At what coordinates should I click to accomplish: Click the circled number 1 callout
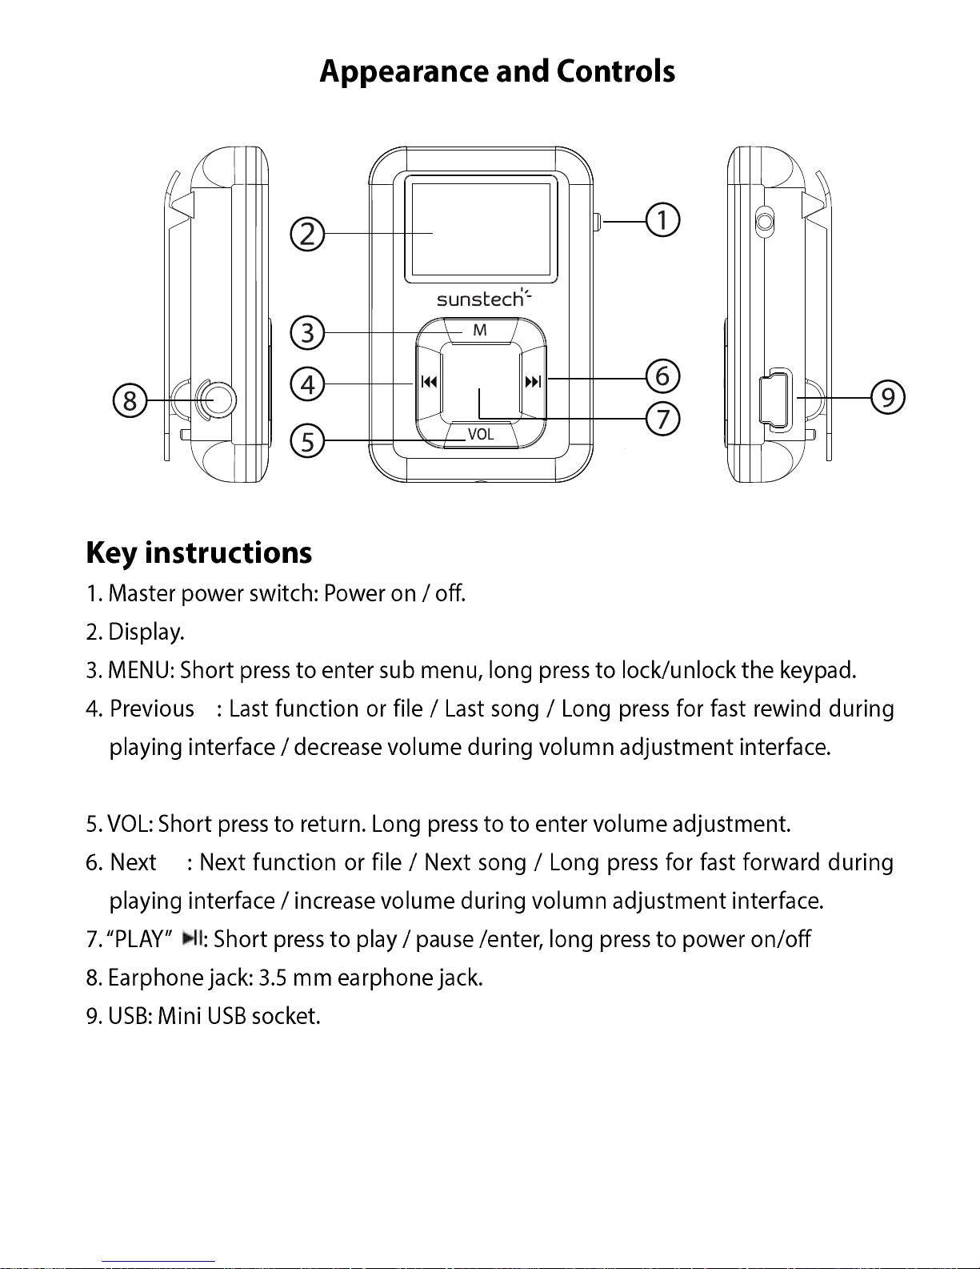click(x=663, y=220)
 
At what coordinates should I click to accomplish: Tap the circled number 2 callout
click(x=307, y=235)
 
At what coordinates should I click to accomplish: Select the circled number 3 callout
click(x=307, y=332)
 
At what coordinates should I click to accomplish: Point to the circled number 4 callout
click(x=307, y=385)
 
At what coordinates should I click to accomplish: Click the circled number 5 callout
click(x=307, y=441)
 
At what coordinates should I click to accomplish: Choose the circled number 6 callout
click(x=662, y=375)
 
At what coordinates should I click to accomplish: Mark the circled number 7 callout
click(x=662, y=419)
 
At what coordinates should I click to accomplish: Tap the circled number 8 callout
click(x=130, y=400)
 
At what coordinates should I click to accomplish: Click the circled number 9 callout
click(x=888, y=397)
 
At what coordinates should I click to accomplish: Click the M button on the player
click(x=480, y=330)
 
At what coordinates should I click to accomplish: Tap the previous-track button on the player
click(x=430, y=382)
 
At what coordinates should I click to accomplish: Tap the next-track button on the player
click(x=533, y=382)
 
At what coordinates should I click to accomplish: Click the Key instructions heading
click(x=199, y=553)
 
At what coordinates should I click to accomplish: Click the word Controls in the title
click(x=616, y=71)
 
